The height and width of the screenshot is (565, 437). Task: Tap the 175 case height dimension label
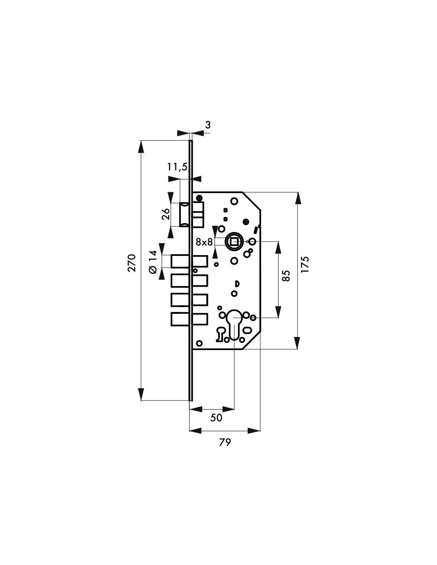click(305, 264)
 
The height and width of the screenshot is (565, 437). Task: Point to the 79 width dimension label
click(225, 442)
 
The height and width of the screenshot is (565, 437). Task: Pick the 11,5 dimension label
click(177, 167)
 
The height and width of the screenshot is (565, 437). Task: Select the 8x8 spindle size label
click(204, 242)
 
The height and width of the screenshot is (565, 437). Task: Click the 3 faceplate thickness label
click(208, 125)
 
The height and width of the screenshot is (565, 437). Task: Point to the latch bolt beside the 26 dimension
click(184, 215)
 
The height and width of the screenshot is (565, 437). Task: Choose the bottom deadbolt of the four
click(189, 319)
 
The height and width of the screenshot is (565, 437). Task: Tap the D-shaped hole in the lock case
click(237, 284)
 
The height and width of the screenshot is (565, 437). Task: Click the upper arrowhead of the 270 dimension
click(141, 146)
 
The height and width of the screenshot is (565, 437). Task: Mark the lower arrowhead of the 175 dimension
click(298, 343)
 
